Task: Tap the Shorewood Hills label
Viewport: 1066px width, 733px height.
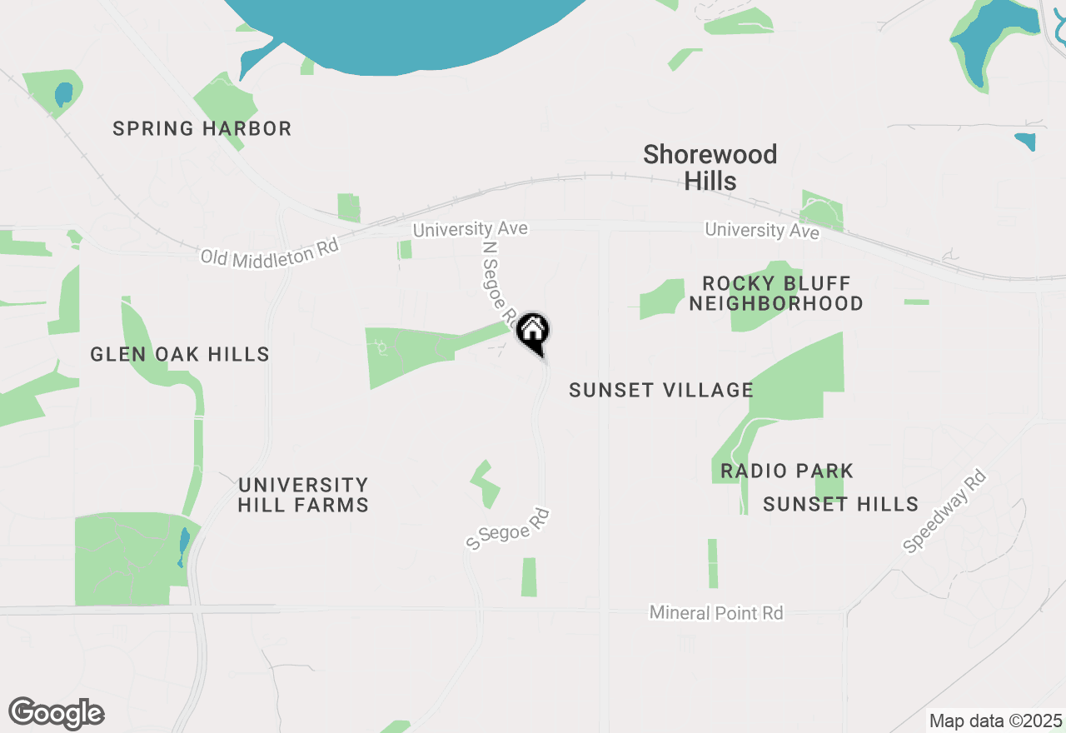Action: point(710,167)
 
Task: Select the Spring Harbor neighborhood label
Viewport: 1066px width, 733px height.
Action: point(202,129)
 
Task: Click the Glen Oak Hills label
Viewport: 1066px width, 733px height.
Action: point(180,355)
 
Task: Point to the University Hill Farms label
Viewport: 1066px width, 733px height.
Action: point(303,495)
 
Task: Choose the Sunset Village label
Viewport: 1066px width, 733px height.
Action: point(661,390)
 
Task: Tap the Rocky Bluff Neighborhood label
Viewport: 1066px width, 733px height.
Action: point(775,293)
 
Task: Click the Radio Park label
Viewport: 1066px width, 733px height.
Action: point(787,471)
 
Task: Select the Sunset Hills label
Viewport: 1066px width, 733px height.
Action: point(841,504)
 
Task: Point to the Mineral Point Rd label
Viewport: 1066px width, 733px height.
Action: point(716,613)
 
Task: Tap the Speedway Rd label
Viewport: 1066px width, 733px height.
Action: point(945,511)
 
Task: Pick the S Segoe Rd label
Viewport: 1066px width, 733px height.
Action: point(508,529)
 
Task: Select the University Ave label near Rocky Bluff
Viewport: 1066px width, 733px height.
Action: point(762,230)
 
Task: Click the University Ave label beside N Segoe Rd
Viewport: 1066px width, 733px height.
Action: point(471,228)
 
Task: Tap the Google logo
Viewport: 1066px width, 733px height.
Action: point(57,713)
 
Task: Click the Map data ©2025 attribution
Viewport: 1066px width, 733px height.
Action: point(996,721)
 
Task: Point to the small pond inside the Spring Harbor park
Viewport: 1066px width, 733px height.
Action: point(63,94)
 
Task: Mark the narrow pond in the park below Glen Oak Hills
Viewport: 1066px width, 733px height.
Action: point(183,546)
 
